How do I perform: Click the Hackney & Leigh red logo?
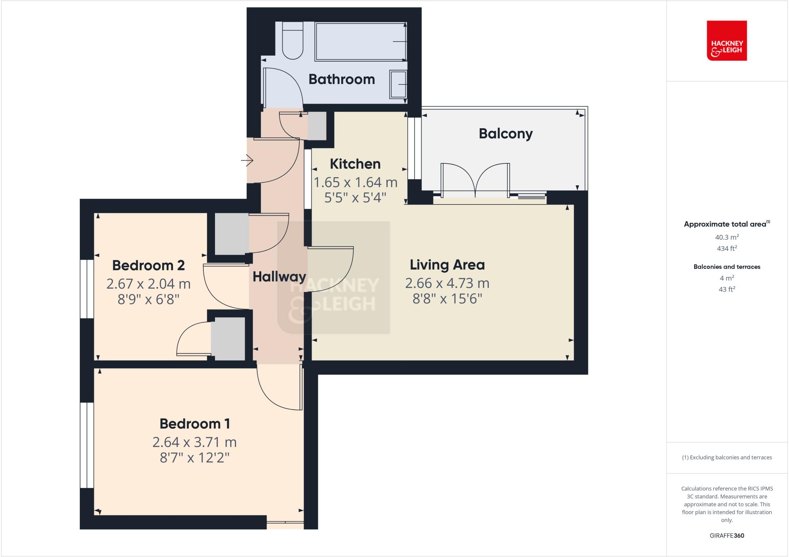click(x=727, y=40)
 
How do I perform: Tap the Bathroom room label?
click(x=341, y=79)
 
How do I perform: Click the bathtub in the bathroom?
click(x=360, y=41)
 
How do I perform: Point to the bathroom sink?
click(x=398, y=84)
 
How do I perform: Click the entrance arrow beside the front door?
click(x=247, y=159)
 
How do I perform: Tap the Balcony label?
click(x=505, y=133)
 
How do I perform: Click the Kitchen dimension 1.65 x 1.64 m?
click(x=355, y=182)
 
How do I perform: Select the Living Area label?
click(x=447, y=265)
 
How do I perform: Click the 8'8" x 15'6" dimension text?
click(x=447, y=299)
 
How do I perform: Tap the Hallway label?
click(x=279, y=276)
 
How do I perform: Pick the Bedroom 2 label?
click(x=148, y=265)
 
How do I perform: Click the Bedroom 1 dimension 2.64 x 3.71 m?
click(x=195, y=442)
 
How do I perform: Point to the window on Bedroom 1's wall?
click(x=87, y=445)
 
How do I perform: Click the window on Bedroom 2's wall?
click(x=87, y=289)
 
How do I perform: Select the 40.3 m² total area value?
click(x=727, y=237)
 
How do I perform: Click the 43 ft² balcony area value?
click(x=727, y=289)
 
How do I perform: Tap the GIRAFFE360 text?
click(x=727, y=535)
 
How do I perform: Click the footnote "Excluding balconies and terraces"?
click(x=727, y=458)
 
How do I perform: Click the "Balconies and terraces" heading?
click(x=727, y=267)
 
